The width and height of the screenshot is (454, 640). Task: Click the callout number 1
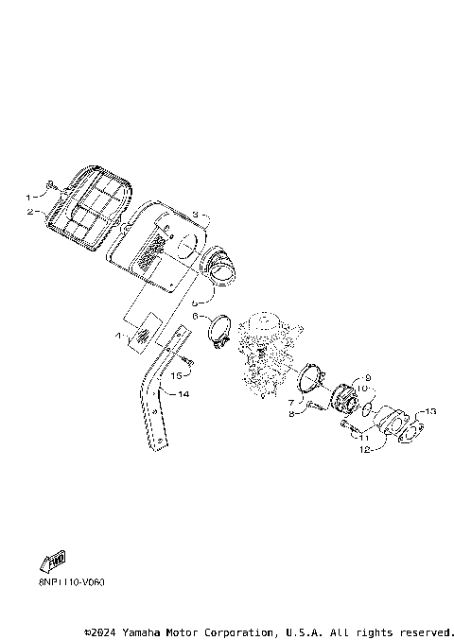point(28,198)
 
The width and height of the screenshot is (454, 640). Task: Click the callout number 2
point(28,212)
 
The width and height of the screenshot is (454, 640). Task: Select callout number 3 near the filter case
point(194,216)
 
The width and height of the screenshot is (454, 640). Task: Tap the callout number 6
point(196,317)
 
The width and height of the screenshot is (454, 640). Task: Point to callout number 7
point(291,403)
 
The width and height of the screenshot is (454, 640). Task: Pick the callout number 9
point(368,378)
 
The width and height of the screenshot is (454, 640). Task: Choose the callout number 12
point(364,450)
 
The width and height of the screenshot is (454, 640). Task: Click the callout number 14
point(184,393)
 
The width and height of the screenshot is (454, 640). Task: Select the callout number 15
point(175,375)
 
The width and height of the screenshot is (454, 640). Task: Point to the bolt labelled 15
point(189,361)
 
